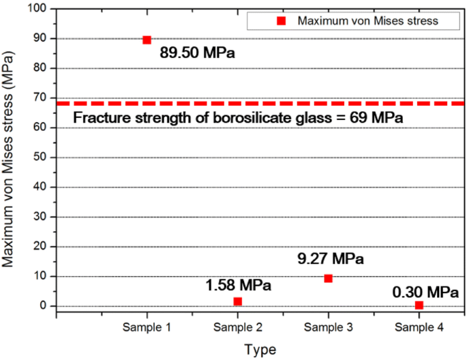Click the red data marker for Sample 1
pyautogui.click(x=147, y=40)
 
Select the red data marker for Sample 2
pyautogui.click(x=237, y=301)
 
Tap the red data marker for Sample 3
pyautogui.click(x=328, y=278)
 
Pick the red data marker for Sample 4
pyautogui.click(x=419, y=305)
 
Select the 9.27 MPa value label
pyautogui.click(x=331, y=259)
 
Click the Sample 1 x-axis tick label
pyautogui.click(x=147, y=327)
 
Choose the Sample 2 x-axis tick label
pyautogui.click(x=237, y=327)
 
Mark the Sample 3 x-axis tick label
pyautogui.click(x=328, y=327)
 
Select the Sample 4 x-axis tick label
pyautogui.click(x=419, y=327)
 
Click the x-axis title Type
pyautogui.click(x=260, y=350)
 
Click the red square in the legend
pyautogui.click(x=280, y=21)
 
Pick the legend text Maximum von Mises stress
pyautogui.click(x=367, y=21)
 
